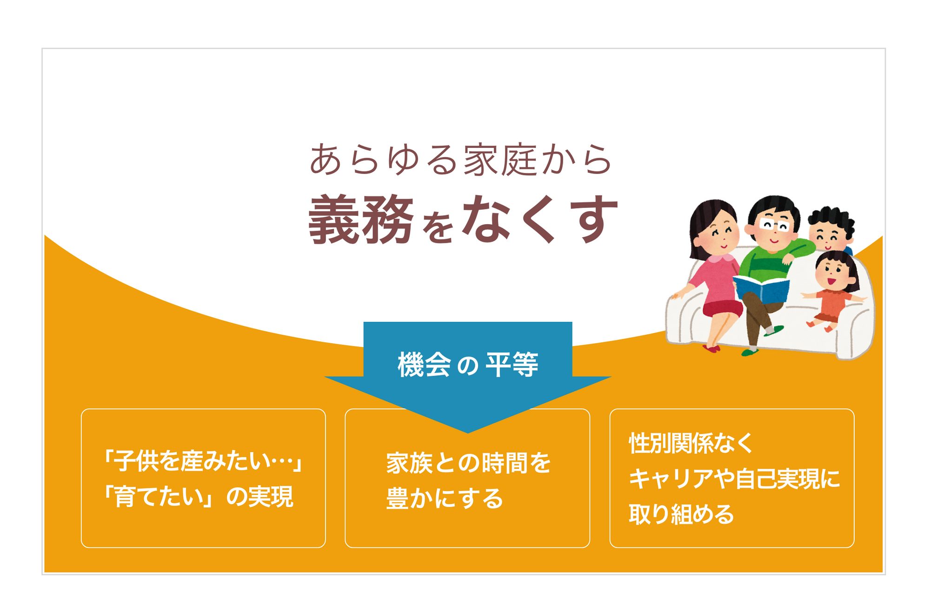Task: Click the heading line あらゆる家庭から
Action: tap(460, 160)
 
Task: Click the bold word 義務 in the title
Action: tap(361, 220)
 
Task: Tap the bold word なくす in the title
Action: tap(540, 219)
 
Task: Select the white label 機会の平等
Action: tap(468, 365)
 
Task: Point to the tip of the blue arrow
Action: tap(468, 433)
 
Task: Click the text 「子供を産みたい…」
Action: tap(203, 461)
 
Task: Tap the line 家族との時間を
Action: tap(468, 463)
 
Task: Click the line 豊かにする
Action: tap(445, 498)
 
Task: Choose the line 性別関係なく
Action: tap(691, 443)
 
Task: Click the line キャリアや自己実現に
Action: tap(734, 479)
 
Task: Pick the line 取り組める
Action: tap(681, 514)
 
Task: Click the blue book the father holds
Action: tap(761, 289)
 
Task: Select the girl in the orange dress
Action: tap(832, 291)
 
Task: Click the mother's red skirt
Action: tap(722, 308)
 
